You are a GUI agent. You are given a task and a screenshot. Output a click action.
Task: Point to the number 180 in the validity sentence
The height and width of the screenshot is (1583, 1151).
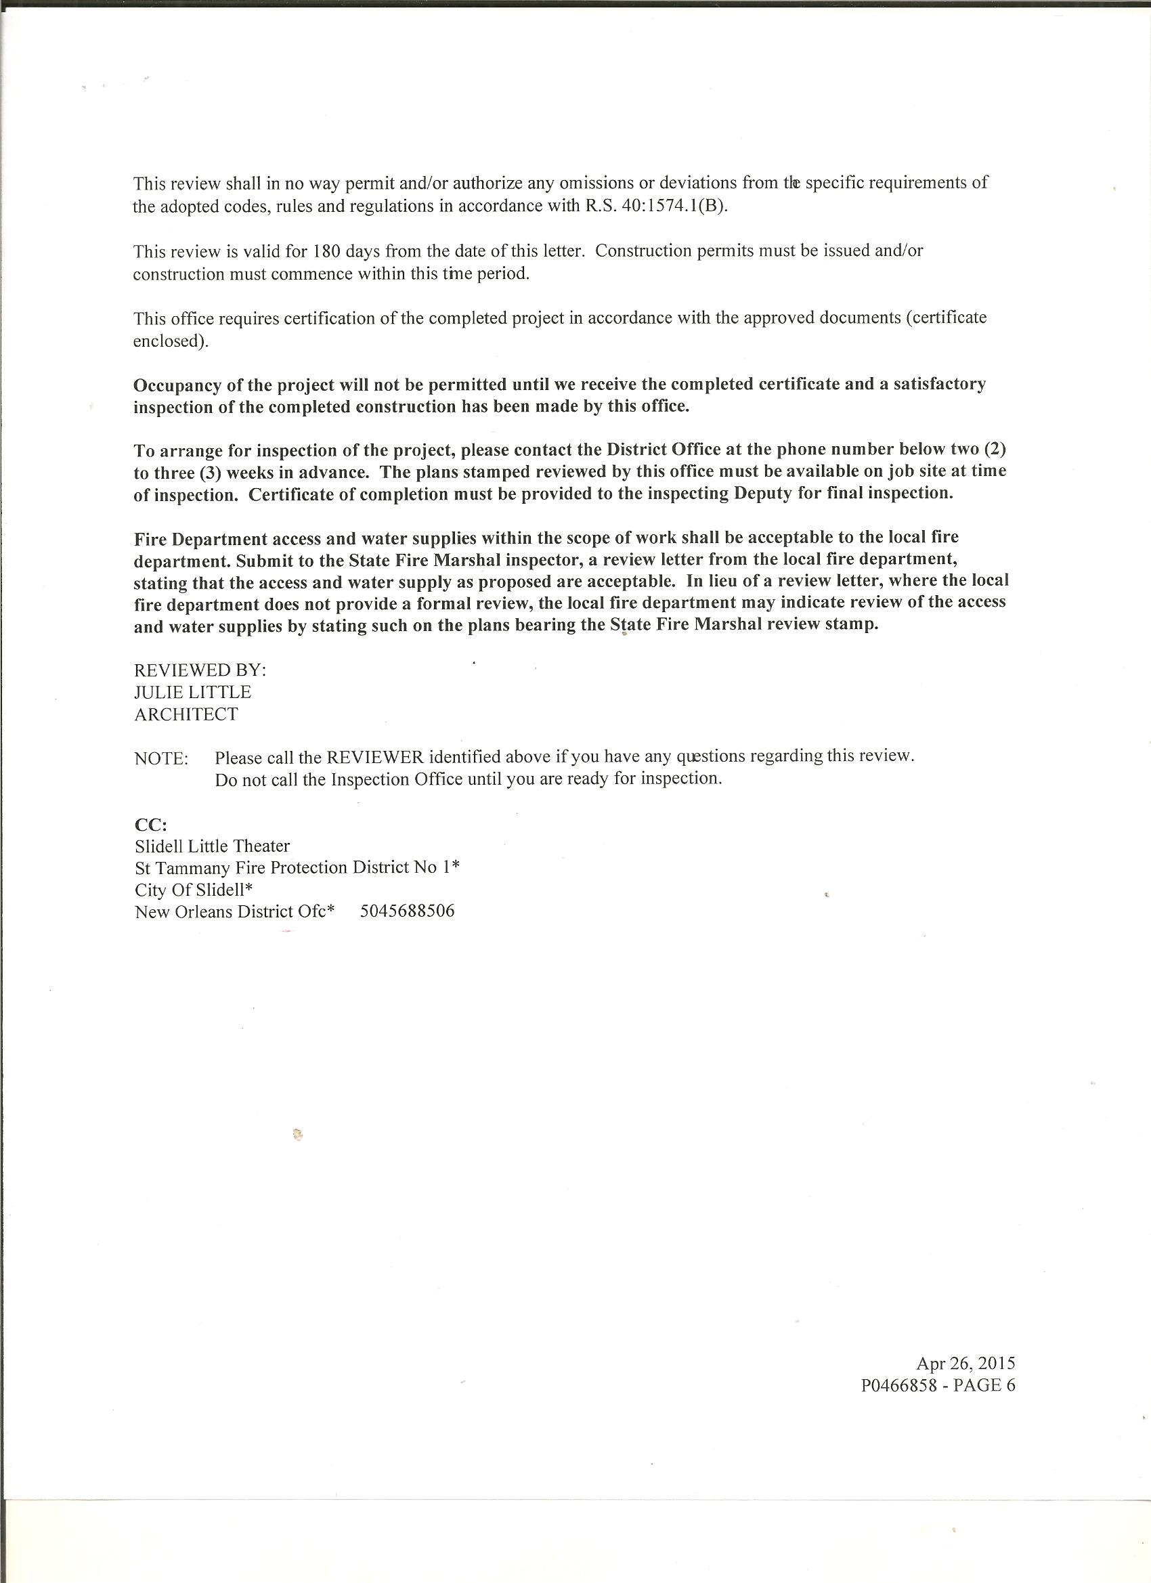point(325,251)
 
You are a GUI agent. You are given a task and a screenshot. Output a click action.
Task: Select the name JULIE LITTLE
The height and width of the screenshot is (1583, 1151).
point(193,692)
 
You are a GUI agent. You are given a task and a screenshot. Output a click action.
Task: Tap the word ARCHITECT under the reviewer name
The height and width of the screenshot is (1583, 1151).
point(186,714)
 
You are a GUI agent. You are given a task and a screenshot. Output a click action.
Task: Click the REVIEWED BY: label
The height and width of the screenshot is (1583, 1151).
point(200,670)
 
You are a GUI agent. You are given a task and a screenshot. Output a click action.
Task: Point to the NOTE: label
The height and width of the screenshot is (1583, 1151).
point(160,759)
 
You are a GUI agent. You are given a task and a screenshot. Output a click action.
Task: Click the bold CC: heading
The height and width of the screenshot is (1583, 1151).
point(150,824)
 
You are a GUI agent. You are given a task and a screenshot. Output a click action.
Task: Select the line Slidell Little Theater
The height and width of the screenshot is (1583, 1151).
point(212,846)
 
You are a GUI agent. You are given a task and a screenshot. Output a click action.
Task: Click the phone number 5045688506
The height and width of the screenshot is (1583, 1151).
point(407,911)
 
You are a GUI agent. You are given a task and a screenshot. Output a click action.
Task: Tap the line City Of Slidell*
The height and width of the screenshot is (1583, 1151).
point(194,890)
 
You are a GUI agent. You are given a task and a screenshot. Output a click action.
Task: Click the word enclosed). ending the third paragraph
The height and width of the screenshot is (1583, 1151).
point(171,341)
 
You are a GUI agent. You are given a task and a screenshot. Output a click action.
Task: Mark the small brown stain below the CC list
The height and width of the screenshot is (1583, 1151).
point(297,1135)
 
